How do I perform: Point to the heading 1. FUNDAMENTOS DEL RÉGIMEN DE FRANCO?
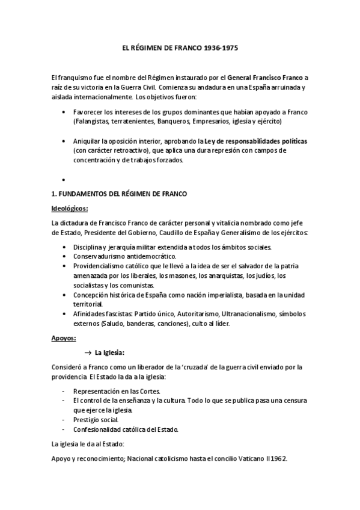(x=120, y=194)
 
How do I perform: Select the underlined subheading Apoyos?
(x=63, y=338)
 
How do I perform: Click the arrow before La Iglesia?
(x=88, y=352)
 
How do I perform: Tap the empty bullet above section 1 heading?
(x=63, y=180)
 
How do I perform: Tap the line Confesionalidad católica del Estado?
(x=126, y=429)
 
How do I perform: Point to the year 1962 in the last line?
(x=279, y=458)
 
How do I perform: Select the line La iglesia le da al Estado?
(x=88, y=444)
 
